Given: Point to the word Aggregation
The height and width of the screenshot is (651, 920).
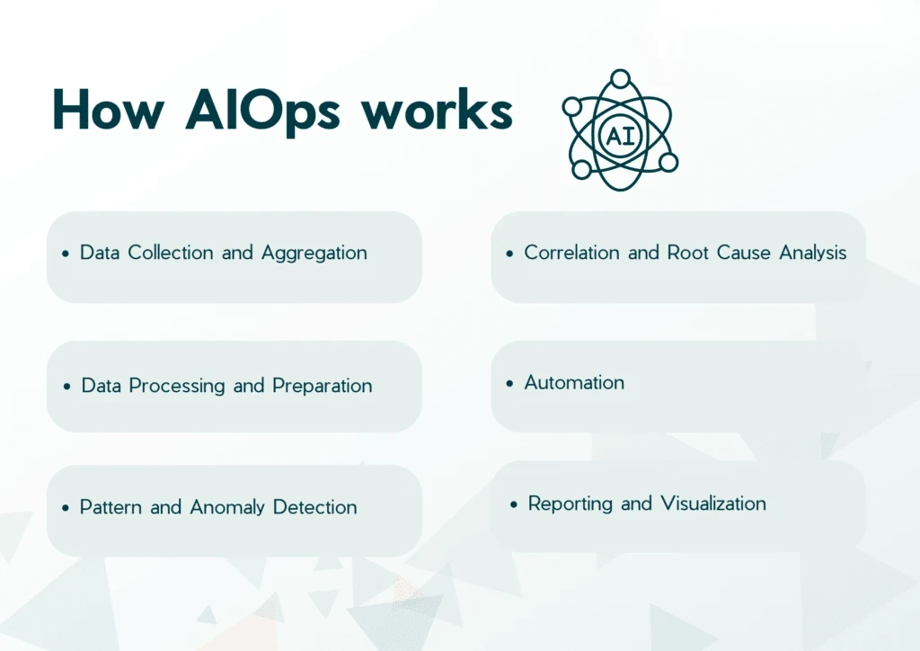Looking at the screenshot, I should point(314,253).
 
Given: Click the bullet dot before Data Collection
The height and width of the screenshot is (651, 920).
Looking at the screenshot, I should point(66,254).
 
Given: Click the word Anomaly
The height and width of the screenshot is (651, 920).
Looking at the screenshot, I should point(227,507).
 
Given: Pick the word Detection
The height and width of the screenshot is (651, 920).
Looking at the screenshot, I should point(314,507).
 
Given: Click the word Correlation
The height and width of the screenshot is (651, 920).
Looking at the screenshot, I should point(573,253).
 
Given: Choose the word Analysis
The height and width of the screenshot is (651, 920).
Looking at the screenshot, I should point(812,253).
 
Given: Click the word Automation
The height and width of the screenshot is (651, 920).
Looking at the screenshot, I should point(574,382).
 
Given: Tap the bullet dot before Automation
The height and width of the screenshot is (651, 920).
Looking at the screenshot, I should point(511,384).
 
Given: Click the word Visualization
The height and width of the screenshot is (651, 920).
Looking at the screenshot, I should point(712,504).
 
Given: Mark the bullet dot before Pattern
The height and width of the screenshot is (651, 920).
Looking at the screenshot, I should point(66,509).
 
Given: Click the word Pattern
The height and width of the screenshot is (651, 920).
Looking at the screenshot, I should point(111,507).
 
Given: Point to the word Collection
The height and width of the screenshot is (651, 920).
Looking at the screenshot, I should point(171,253).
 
